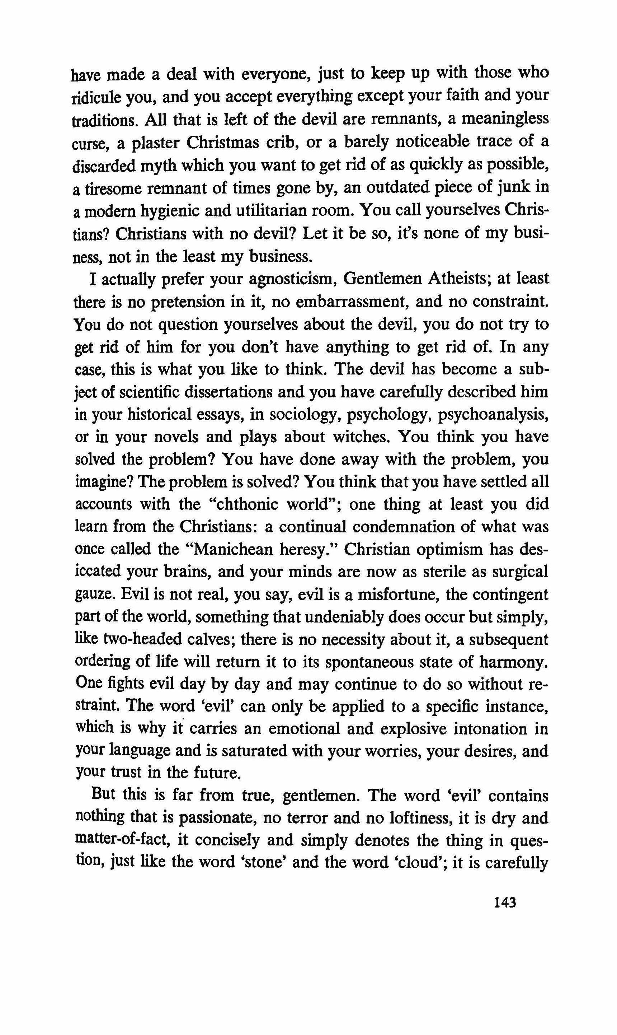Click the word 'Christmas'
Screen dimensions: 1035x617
click(223, 142)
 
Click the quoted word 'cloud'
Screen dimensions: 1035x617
click(421, 863)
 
